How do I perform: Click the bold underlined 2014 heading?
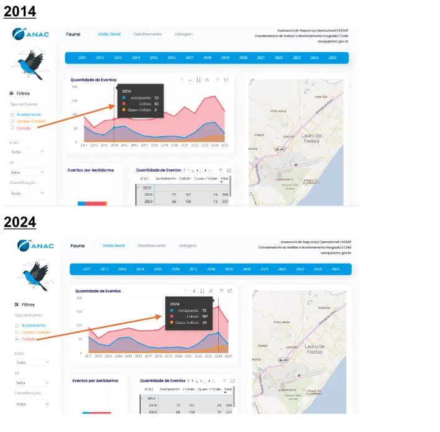point(20,11)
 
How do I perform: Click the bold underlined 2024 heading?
point(20,222)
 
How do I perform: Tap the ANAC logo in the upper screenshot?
point(29,35)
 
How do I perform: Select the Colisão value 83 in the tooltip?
point(157,104)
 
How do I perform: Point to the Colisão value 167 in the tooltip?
point(204,316)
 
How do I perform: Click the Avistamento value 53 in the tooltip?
point(157,98)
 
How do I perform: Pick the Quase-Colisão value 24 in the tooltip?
point(204,323)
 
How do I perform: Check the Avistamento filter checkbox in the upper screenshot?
point(12,115)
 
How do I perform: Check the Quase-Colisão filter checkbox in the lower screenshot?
point(17,333)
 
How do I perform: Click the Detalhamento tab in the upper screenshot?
point(147,34)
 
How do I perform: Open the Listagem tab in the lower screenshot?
point(188,246)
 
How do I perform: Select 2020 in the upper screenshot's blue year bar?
point(243,58)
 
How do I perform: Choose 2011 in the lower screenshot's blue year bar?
point(87,269)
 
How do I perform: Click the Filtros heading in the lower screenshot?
point(28,305)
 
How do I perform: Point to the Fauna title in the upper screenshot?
point(73,34)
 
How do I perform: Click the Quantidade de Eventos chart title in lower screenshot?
point(98,290)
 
